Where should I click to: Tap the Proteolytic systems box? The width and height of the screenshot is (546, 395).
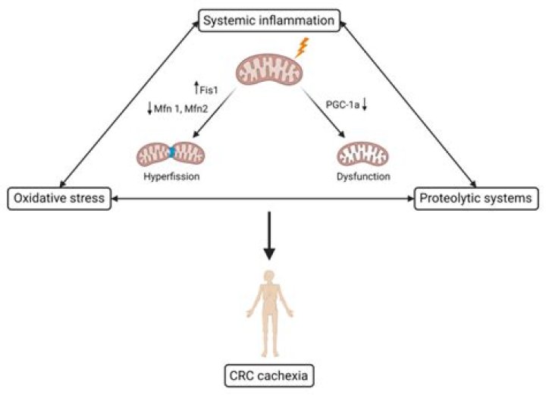475,199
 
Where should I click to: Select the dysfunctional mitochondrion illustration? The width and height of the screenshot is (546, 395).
362,155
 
